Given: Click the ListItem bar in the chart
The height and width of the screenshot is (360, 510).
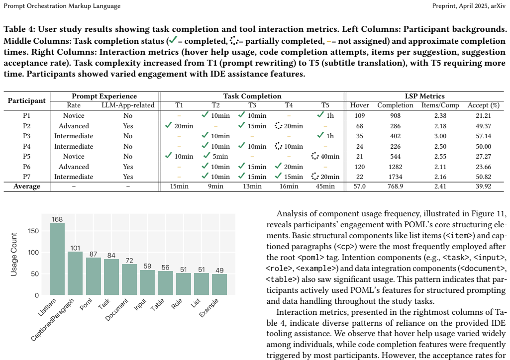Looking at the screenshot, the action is (x=57, y=259).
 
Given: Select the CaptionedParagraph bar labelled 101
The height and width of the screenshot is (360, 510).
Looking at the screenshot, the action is (x=75, y=273).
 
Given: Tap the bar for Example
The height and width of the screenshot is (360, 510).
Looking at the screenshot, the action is (x=219, y=284).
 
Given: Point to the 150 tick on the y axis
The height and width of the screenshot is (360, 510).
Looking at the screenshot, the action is (x=33, y=231).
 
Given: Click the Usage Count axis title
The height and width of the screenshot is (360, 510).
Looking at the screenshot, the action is (x=13, y=255).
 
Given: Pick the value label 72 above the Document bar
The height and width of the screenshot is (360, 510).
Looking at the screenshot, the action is (x=129, y=261).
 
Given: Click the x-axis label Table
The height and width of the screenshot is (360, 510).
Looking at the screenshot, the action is (x=157, y=304).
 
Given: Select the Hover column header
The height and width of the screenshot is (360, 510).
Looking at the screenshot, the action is (x=359, y=105).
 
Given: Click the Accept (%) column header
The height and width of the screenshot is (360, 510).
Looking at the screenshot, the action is (x=483, y=105).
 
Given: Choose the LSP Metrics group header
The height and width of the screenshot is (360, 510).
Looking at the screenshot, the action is (x=424, y=96).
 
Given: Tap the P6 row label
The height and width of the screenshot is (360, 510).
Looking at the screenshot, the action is (x=27, y=167).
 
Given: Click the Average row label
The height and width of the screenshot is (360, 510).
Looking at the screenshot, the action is (x=27, y=186).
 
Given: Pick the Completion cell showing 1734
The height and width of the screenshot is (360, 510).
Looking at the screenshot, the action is (x=395, y=177).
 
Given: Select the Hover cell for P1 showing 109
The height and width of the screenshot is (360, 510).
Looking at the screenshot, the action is (x=359, y=116).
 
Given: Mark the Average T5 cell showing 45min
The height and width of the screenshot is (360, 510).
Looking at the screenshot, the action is (x=325, y=186).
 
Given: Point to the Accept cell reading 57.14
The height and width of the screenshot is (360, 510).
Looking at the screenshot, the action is (x=483, y=136).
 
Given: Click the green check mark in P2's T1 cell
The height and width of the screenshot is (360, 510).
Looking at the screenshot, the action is (x=169, y=125).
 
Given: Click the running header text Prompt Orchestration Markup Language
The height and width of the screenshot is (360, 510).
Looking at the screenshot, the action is (x=62, y=6).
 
